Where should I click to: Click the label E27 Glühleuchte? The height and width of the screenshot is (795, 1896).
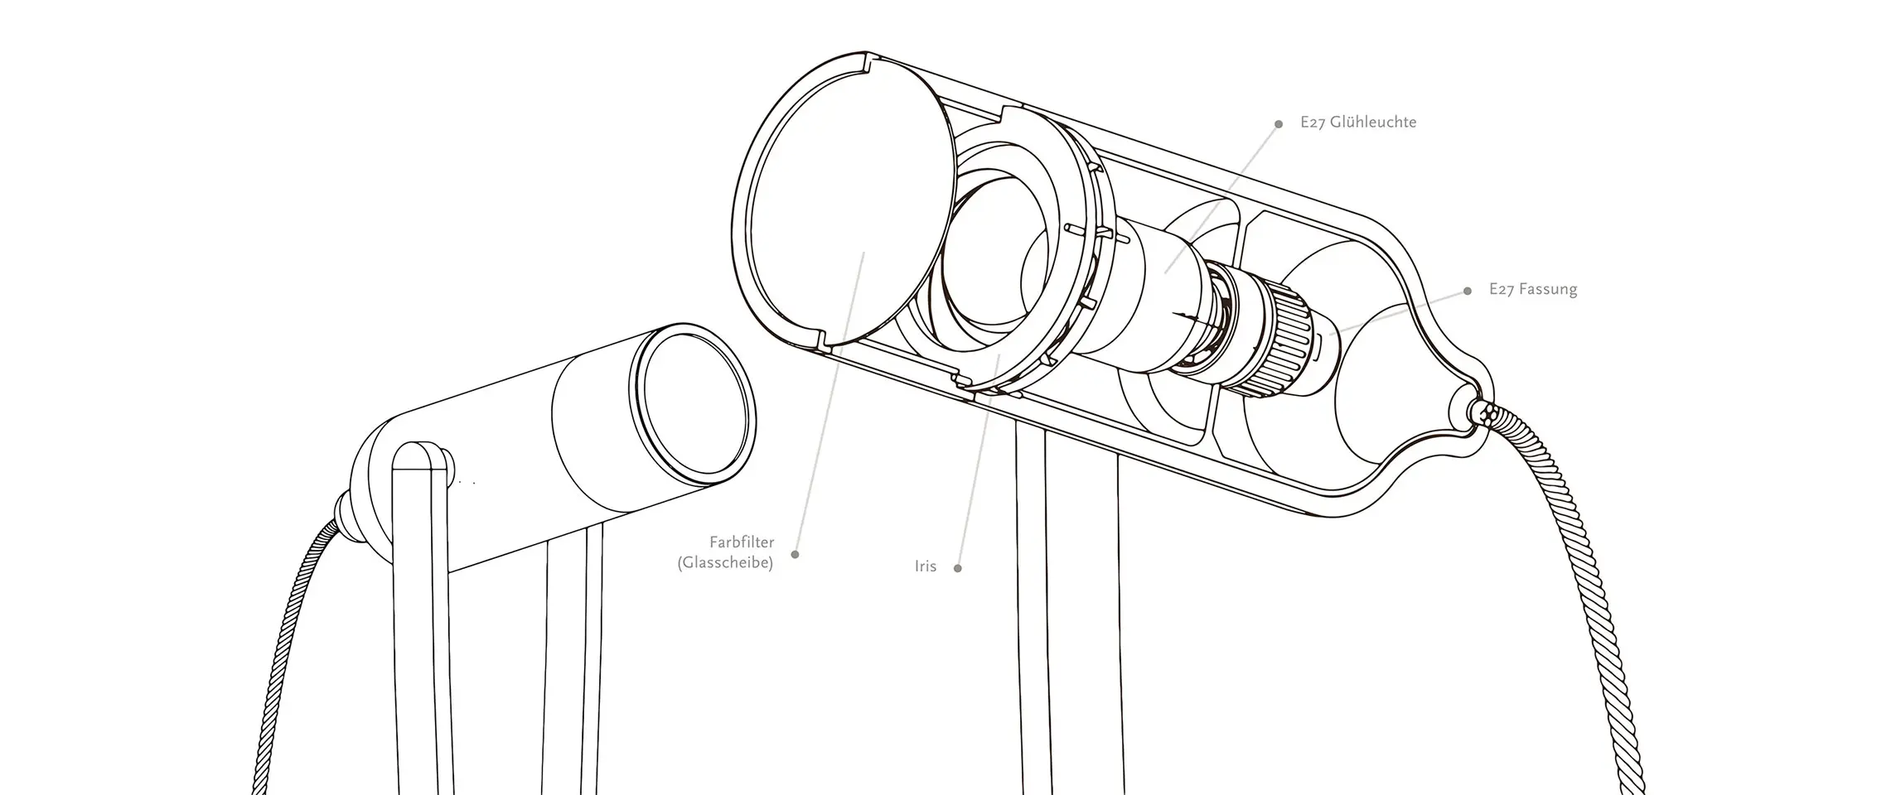(1358, 123)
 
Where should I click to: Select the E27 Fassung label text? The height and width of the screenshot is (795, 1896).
(1532, 290)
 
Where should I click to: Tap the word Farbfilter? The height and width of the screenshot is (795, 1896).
(742, 542)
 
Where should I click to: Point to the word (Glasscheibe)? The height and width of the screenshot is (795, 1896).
(725, 564)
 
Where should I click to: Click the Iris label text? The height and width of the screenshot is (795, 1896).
(926, 566)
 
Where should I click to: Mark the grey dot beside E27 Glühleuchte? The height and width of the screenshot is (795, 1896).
(1279, 124)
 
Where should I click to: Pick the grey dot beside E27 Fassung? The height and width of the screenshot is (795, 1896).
(1468, 291)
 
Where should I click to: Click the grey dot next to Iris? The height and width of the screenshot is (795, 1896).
(958, 568)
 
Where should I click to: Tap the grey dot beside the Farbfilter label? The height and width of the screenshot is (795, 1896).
(796, 554)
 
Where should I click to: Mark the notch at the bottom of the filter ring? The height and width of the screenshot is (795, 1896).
(822, 340)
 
